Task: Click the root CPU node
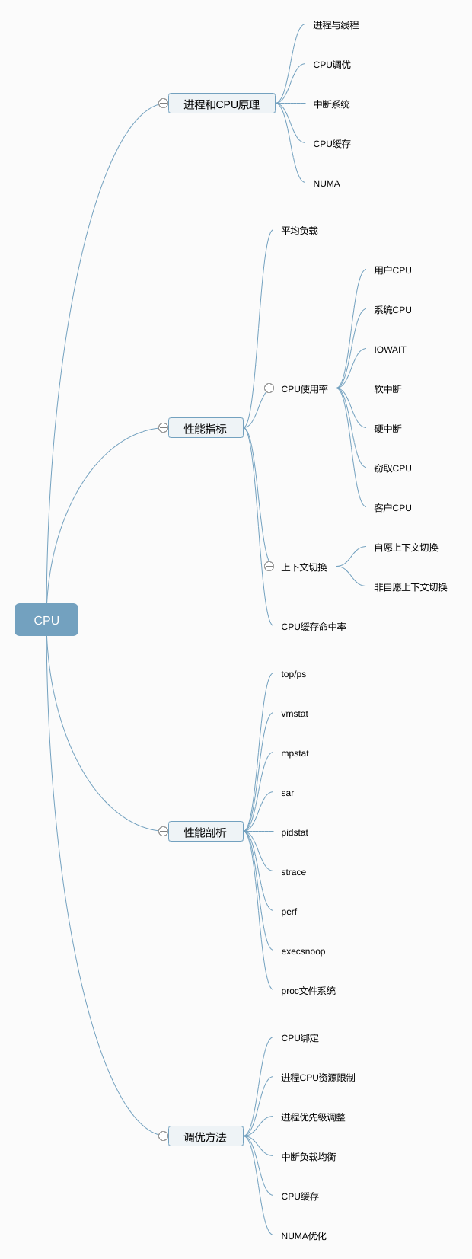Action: click(x=46, y=620)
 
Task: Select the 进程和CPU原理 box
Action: click(x=222, y=104)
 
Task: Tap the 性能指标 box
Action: click(x=206, y=428)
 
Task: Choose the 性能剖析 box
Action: click(x=206, y=832)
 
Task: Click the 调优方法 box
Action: click(x=206, y=1136)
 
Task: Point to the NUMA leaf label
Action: click(x=327, y=184)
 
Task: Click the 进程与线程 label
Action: click(x=336, y=25)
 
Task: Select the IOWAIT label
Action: click(x=390, y=350)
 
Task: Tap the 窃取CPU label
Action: click(x=393, y=468)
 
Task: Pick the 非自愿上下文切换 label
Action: click(x=410, y=587)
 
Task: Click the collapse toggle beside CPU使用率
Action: click(x=269, y=388)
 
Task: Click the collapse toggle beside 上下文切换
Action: click(x=269, y=567)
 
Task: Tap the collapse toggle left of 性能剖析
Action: click(x=163, y=831)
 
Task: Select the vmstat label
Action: click(x=295, y=714)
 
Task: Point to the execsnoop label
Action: click(x=303, y=951)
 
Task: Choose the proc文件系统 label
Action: click(x=308, y=991)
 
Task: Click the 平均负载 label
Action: click(x=299, y=231)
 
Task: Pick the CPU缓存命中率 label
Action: click(x=314, y=627)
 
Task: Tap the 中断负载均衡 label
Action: click(x=308, y=1157)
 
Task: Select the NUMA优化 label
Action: click(x=304, y=1236)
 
